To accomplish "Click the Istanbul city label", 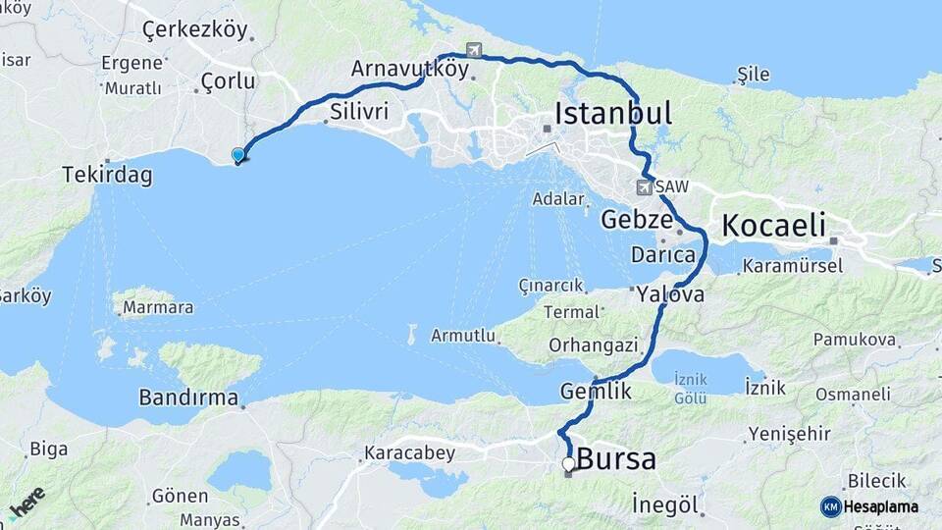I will pyautogui.click(x=613, y=114).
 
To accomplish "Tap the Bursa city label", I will pyautogui.click(x=616, y=459).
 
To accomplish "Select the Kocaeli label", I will pyautogui.click(x=773, y=225).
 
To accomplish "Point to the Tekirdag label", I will pyautogui.click(x=107, y=176).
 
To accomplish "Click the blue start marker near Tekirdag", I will pyautogui.click(x=237, y=155).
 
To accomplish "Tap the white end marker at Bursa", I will pyautogui.click(x=568, y=463).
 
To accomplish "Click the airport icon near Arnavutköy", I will pyautogui.click(x=476, y=50).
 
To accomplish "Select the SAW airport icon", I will pyautogui.click(x=644, y=186).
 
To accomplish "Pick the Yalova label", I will pyautogui.click(x=670, y=293).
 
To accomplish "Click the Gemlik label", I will pyautogui.click(x=595, y=391).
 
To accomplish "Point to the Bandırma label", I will pyautogui.click(x=188, y=398).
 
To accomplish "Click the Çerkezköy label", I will pyautogui.click(x=195, y=29).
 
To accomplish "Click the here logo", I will pyautogui.click(x=26, y=503).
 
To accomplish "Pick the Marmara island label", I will pyautogui.click(x=157, y=307).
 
